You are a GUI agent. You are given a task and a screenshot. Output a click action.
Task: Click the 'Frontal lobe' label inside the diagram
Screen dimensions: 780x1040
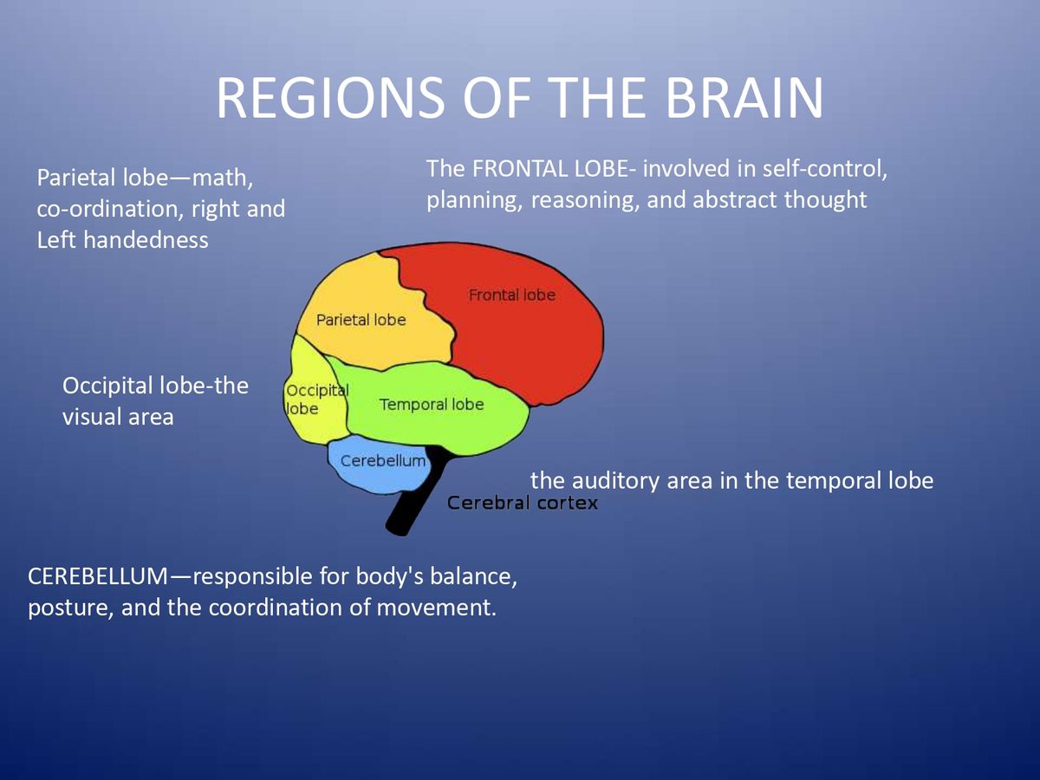click(x=511, y=295)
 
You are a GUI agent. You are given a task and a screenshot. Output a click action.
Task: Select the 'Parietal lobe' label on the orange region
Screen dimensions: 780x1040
click(x=361, y=320)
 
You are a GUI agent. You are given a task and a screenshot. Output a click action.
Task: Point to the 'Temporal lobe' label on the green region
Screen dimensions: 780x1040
click(x=432, y=405)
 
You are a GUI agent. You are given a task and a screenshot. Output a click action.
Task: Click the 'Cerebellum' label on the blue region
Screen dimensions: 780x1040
click(x=383, y=460)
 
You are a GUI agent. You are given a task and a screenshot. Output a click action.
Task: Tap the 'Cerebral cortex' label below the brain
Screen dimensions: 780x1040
click(x=523, y=503)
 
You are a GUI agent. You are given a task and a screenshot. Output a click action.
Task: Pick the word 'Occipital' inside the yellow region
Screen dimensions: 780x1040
click(x=316, y=391)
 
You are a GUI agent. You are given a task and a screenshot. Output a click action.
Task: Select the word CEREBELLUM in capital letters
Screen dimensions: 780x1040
click(x=100, y=576)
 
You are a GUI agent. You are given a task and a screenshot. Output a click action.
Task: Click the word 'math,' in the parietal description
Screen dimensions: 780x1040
click(x=223, y=179)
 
